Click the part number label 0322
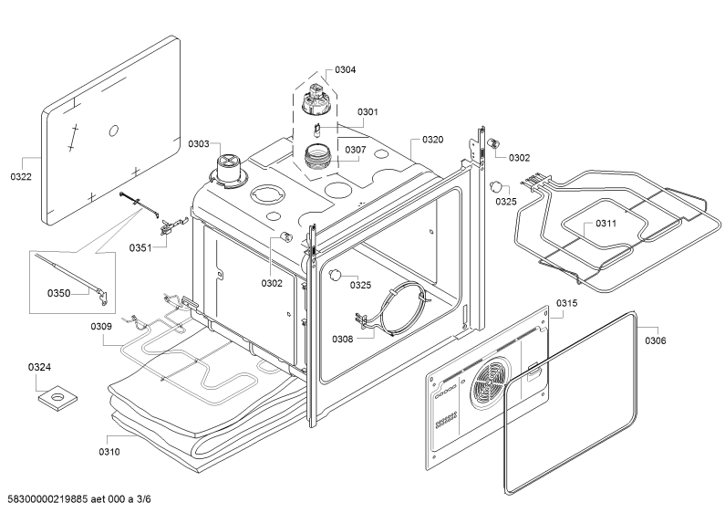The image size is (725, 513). point(21,176)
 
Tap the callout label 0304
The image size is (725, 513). point(346,70)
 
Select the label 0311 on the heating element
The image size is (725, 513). point(606,224)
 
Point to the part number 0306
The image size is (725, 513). point(656,340)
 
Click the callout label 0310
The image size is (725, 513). point(109,452)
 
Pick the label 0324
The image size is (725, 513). point(39,367)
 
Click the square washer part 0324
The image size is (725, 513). point(57,398)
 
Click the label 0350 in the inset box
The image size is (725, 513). point(58,293)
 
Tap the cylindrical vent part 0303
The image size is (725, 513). point(227,172)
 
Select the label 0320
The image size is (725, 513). point(433,140)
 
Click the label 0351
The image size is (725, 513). point(140,247)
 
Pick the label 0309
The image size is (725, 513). point(101,327)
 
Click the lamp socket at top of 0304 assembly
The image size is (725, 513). point(316,99)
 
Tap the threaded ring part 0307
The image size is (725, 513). point(317,156)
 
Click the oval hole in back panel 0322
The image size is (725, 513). point(114,131)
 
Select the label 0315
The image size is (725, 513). point(567,303)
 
